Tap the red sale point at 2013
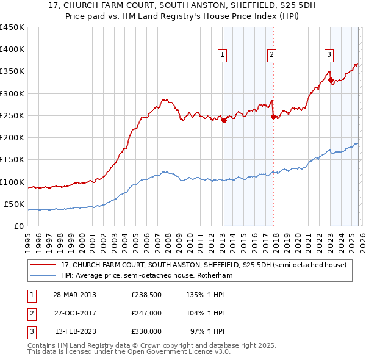[x=224, y=120]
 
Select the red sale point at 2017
[x=273, y=117]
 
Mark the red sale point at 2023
[x=331, y=80]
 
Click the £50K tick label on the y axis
[x=14, y=204]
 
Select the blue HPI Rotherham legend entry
[x=147, y=276]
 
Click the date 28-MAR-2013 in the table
[x=74, y=294]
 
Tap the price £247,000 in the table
[x=146, y=312]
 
